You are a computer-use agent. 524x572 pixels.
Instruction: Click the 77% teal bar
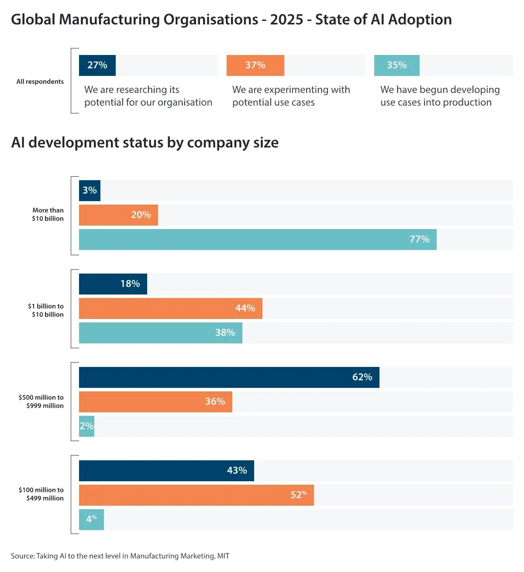click(258, 240)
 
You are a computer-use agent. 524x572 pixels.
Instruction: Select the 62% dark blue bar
click(229, 377)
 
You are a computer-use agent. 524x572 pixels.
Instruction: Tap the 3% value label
click(90, 190)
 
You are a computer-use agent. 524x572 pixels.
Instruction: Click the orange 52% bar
click(196, 495)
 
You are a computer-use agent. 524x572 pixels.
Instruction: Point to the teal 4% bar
click(91, 520)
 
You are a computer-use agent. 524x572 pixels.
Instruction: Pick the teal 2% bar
click(86, 426)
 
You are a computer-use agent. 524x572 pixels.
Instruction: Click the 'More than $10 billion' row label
click(48, 214)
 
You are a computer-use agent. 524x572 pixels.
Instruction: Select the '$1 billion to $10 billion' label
click(45, 310)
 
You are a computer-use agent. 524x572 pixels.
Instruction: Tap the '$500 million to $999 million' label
click(41, 401)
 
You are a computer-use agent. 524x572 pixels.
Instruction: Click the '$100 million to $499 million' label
click(41, 494)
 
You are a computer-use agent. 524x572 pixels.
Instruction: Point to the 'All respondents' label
click(40, 82)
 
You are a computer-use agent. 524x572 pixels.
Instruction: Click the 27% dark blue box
click(97, 65)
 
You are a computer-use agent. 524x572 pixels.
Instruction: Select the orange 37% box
click(255, 65)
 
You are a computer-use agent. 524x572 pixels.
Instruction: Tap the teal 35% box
click(396, 65)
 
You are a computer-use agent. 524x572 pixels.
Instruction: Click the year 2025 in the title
click(286, 20)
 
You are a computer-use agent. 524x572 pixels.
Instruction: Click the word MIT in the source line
click(223, 556)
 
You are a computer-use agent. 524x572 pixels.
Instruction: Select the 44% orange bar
click(170, 308)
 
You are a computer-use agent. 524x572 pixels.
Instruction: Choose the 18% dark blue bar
click(113, 284)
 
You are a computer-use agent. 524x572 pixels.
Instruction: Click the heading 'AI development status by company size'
click(145, 143)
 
